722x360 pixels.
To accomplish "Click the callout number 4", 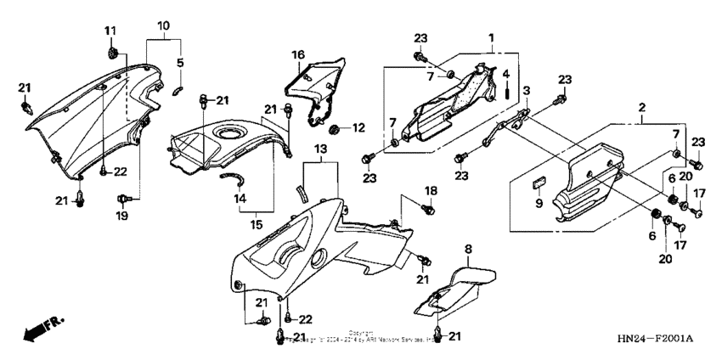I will [506, 74].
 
